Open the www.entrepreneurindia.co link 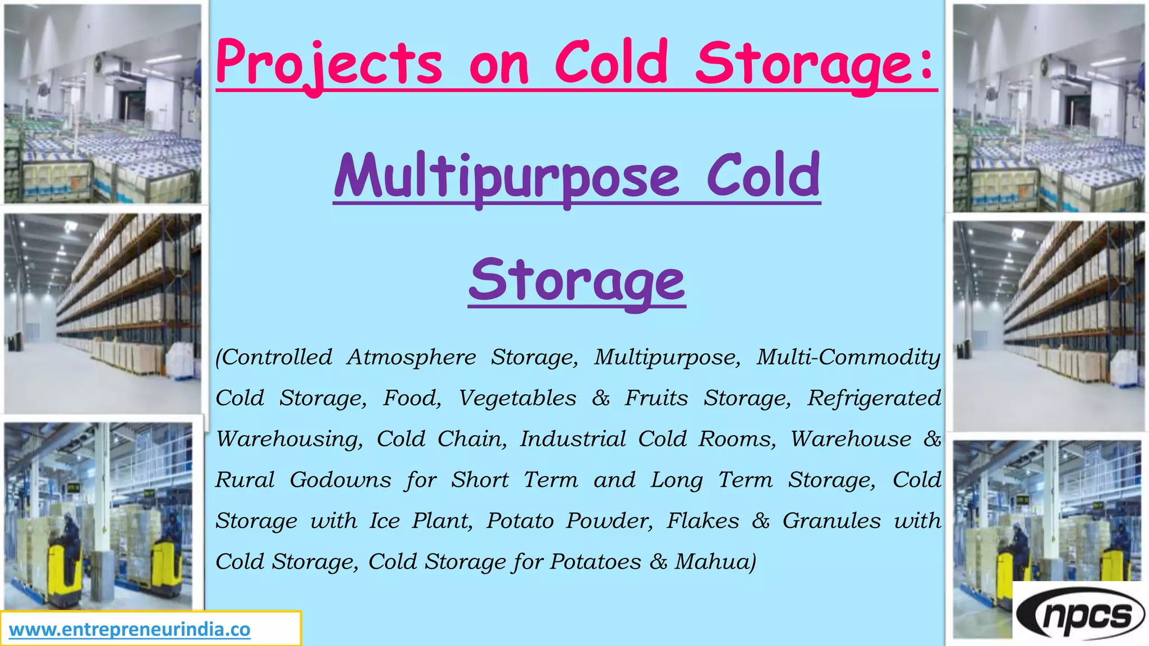(x=130, y=630)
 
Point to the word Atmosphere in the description (x=412, y=357)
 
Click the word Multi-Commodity (x=848, y=357)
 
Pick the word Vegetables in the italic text (x=517, y=398)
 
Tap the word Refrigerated (x=874, y=398)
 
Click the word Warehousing (x=289, y=439)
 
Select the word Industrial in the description (x=573, y=439)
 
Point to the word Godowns (x=341, y=480)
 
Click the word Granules (x=831, y=521)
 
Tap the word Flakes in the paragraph (x=703, y=521)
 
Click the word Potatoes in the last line (x=595, y=562)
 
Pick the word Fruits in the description (x=656, y=398)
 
